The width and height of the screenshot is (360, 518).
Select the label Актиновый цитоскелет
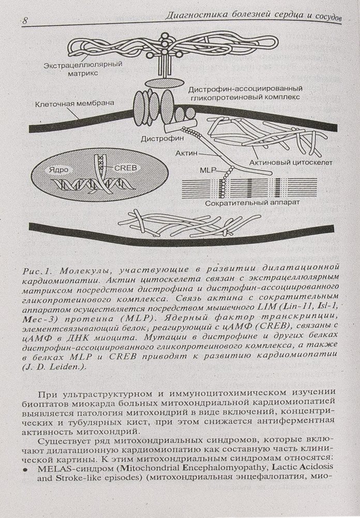(293, 162)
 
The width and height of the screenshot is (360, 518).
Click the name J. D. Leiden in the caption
(53, 367)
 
